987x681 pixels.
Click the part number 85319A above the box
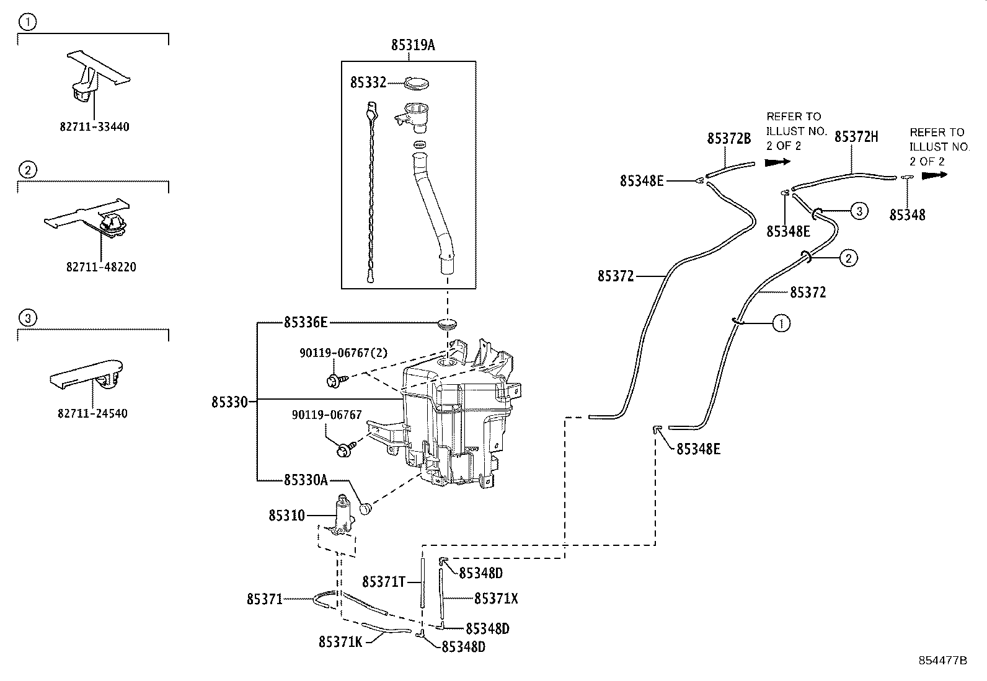click(413, 45)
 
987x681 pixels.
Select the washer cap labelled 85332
click(417, 83)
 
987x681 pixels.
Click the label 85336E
click(306, 322)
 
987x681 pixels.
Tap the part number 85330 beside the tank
click(229, 402)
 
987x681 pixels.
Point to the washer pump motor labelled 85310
click(343, 515)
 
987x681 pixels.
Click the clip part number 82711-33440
click(95, 127)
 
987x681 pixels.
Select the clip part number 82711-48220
click(101, 267)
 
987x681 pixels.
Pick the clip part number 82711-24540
click(92, 414)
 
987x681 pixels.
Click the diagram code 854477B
click(942, 661)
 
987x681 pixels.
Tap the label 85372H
click(856, 137)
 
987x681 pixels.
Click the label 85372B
click(729, 138)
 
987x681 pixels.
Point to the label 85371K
click(340, 642)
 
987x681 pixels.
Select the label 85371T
click(383, 582)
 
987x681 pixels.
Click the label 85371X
click(496, 598)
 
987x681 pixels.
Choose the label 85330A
click(306, 480)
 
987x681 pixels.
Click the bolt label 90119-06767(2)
click(343, 353)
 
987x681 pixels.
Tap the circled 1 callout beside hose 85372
click(781, 323)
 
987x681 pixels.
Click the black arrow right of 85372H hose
click(934, 175)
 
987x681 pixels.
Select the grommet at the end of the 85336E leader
click(447, 323)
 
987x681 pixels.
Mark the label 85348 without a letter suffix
click(907, 215)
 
